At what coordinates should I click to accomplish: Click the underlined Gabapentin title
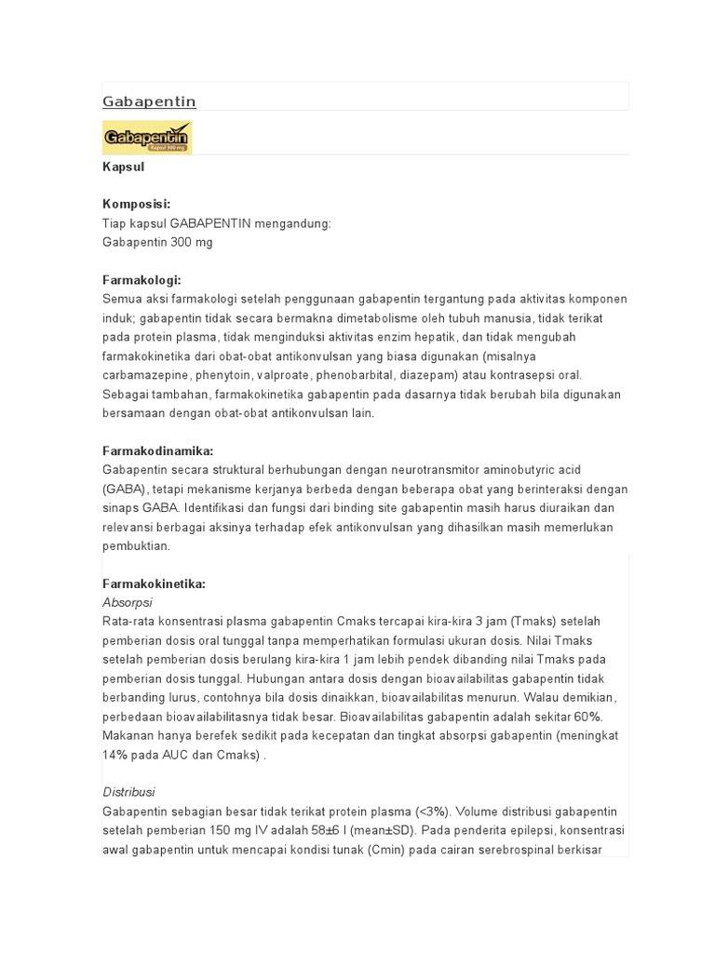(x=149, y=101)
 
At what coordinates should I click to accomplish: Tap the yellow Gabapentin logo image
(x=147, y=136)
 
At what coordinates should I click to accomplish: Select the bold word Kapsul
(x=123, y=168)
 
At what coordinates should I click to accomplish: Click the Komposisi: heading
(x=136, y=205)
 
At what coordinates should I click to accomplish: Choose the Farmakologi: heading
(x=142, y=280)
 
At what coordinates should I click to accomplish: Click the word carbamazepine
(x=145, y=375)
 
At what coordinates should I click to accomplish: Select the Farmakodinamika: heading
(x=157, y=450)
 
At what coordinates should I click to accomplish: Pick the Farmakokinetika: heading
(x=154, y=584)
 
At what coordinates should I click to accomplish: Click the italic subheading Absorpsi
(x=127, y=602)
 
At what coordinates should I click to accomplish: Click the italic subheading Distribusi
(x=128, y=792)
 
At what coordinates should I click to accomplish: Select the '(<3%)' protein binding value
(x=427, y=812)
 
